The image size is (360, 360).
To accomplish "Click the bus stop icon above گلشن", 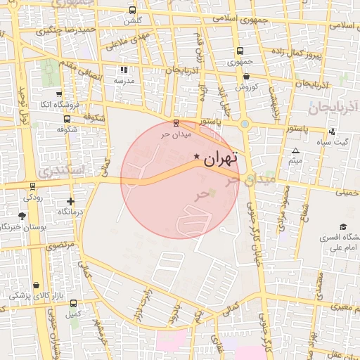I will point(133,11).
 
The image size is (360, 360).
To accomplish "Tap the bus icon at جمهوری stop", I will point(240,51).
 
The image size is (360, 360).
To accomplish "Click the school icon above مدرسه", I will point(124,70).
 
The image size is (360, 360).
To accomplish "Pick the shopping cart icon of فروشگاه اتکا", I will point(58,94).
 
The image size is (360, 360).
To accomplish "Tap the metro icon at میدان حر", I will point(176,122).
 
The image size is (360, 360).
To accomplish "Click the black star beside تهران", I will point(196,156).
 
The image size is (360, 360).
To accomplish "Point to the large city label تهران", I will point(220,159).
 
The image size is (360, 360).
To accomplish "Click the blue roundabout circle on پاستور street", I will point(245,124).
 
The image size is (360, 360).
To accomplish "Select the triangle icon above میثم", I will point(295,150).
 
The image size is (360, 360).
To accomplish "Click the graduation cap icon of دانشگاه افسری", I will point(342,227).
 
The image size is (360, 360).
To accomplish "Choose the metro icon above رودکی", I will point(32,187).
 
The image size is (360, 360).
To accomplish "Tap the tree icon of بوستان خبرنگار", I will point(22,217).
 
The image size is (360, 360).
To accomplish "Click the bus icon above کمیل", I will point(74,304).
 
